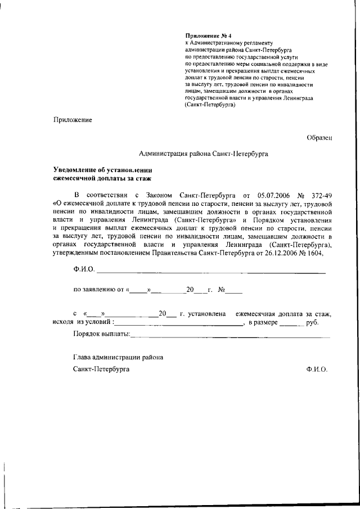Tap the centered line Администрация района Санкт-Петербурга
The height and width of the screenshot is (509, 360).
204,153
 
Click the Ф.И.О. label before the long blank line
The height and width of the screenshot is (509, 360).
84,270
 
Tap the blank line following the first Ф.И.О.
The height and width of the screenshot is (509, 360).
211,272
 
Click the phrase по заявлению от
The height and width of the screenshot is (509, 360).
98,290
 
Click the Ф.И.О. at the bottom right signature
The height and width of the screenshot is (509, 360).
317,369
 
